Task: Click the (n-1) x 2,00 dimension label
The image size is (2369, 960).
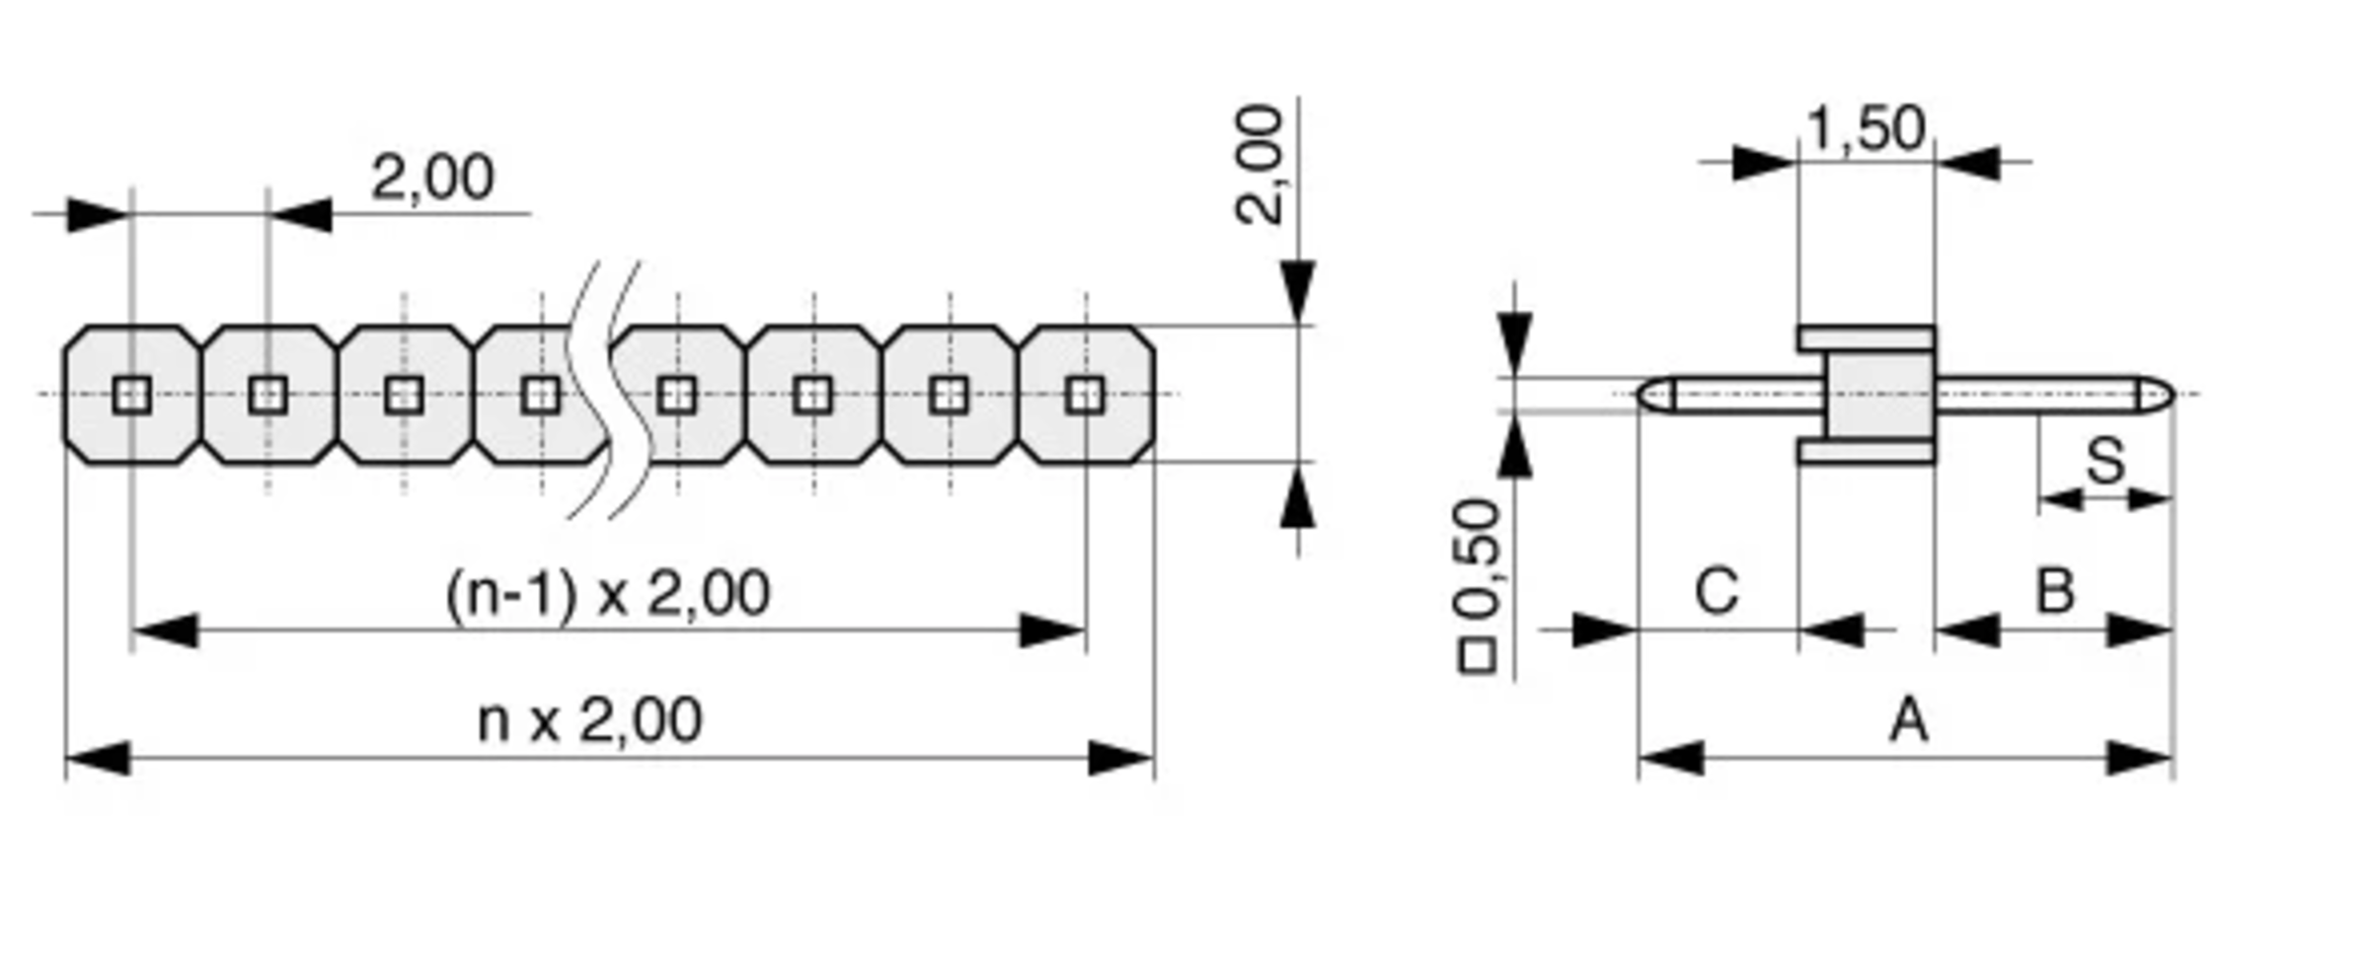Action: click(x=607, y=595)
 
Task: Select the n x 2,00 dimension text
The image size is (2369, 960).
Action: click(x=589, y=721)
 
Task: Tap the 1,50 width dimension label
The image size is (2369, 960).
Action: click(x=1865, y=128)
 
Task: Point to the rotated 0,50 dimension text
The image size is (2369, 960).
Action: click(x=1478, y=558)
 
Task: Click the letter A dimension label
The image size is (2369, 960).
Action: click(x=1908, y=720)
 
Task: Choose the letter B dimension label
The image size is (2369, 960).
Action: click(x=2055, y=592)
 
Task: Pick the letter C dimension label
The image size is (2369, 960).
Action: click(x=1717, y=592)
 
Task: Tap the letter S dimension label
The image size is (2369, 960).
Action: click(x=2104, y=461)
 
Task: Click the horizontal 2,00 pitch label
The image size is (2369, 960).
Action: click(x=431, y=179)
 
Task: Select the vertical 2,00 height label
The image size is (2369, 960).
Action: click(x=1260, y=165)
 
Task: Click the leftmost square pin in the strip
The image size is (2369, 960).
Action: click(x=131, y=396)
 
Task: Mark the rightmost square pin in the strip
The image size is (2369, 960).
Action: click(x=1086, y=396)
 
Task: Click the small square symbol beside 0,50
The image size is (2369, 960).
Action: click(x=1477, y=656)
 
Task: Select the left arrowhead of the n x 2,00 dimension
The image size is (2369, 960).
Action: click(x=97, y=759)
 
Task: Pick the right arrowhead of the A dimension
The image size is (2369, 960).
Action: click(x=2140, y=759)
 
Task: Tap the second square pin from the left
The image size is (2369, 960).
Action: click(x=267, y=396)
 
